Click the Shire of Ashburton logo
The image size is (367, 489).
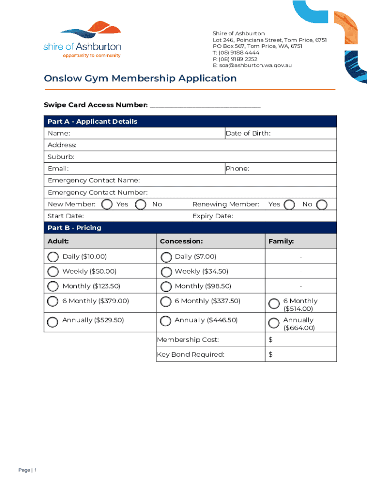82,40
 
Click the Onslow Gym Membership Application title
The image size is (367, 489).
140,78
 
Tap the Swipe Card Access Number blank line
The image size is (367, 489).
205,106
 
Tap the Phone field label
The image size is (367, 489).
237,169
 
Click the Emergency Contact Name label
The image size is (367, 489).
94,181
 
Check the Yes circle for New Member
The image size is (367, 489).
107,205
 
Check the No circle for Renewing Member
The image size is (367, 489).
322,205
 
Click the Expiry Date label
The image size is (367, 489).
213,216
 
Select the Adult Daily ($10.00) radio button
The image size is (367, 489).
52,257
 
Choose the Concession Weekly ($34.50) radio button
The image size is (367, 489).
166,272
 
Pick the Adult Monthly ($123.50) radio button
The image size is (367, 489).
52,287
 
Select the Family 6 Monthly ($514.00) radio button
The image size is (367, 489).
274,304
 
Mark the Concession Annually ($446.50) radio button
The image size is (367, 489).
166,321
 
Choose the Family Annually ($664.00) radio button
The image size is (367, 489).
274,323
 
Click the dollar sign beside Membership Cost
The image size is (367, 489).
270,340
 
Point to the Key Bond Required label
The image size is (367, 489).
191,354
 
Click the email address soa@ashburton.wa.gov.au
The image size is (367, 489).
252,65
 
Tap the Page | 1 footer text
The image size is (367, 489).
28,470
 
